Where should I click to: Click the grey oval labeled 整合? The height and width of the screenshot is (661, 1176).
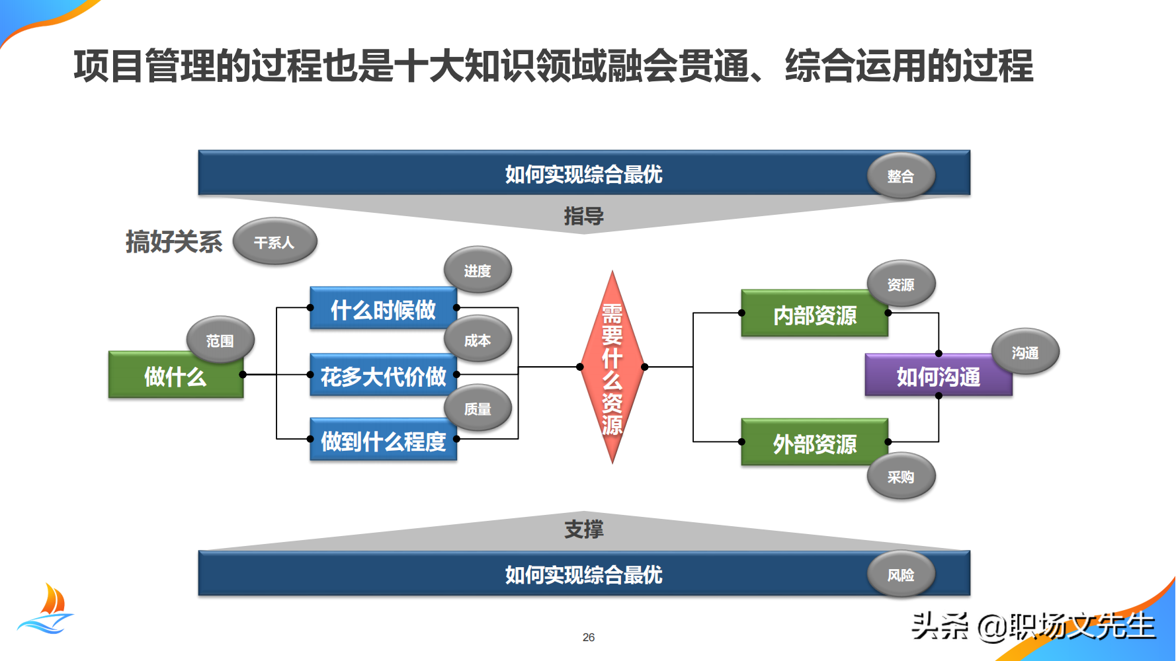click(x=900, y=176)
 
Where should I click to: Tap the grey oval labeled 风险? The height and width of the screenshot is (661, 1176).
click(x=900, y=574)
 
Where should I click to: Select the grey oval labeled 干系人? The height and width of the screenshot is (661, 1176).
click(x=274, y=242)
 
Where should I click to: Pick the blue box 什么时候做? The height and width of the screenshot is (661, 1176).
click(x=382, y=309)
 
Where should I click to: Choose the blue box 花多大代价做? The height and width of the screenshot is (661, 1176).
click(x=382, y=376)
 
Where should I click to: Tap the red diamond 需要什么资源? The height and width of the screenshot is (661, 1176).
click(x=612, y=368)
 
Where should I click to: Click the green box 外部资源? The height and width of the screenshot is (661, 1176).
click(x=814, y=444)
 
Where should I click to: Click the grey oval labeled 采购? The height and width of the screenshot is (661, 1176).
click(x=900, y=477)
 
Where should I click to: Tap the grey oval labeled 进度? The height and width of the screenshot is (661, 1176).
click(x=477, y=270)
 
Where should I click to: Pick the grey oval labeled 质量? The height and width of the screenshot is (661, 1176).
click(x=477, y=408)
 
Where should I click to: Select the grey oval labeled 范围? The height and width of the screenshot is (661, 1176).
click(x=220, y=340)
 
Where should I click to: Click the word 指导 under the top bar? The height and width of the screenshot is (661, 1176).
click(x=583, y=215)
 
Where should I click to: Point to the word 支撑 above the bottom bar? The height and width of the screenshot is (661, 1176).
click(x=583, y=529)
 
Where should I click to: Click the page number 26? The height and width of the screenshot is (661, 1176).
click(x=588, y=637)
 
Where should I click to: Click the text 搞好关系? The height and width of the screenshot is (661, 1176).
click(x=174, y=242)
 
